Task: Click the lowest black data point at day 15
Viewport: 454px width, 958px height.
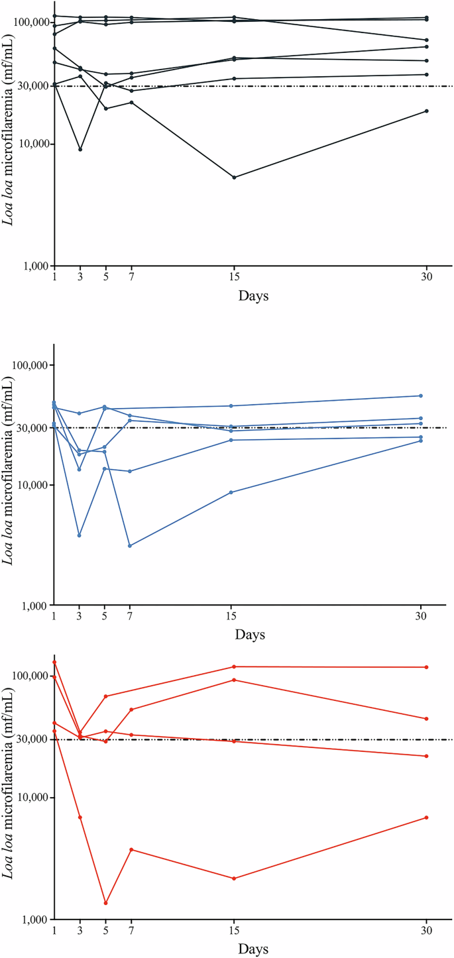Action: coord(234,178)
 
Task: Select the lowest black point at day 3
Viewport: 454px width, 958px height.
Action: coord(80,150)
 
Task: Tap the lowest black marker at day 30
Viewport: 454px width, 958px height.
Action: coord(426,111)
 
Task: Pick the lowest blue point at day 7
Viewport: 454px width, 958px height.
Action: coord(130,546)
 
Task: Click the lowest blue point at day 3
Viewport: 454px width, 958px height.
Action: coord(80,535)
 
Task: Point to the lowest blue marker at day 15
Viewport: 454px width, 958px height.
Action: coord(231,492)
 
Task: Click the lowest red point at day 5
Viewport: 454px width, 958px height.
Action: coord(105,903)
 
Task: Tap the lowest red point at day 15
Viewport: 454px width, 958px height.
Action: coord(234,878)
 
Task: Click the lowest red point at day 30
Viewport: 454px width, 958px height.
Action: coord(426,818)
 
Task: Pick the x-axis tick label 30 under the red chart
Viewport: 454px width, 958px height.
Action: coord(426,931)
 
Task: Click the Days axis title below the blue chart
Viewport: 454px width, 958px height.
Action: coord(250,635)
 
